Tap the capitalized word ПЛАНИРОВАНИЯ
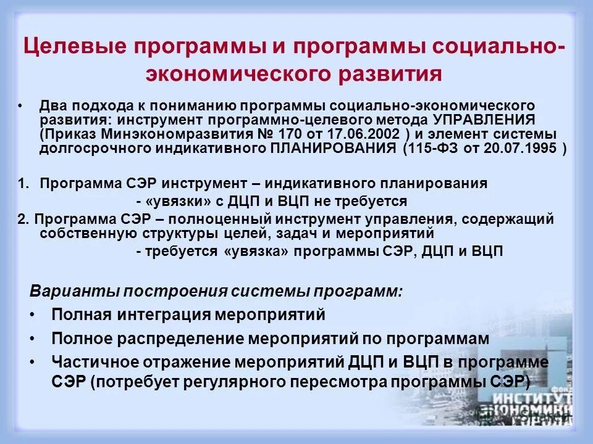coord(334,149)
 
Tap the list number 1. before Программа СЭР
coord(23,183)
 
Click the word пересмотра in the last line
coord(335,380)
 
